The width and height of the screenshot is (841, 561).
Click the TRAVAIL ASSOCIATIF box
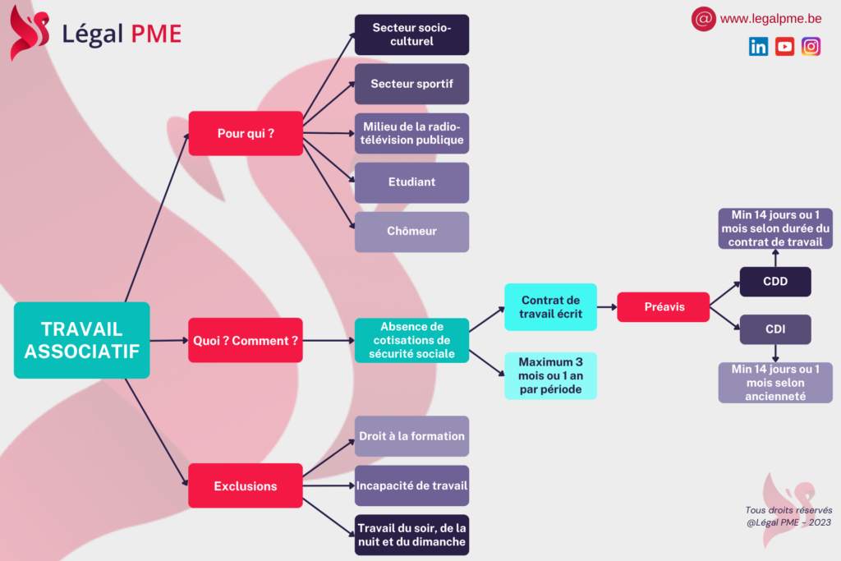82,340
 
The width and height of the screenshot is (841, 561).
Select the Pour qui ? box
246,133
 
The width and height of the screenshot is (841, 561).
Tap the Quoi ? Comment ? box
246,340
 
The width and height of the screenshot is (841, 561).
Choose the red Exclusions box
246,486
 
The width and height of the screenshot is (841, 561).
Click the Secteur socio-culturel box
411,34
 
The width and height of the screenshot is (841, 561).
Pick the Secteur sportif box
411,84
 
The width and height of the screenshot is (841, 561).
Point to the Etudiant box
411,182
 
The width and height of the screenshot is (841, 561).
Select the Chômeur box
411,232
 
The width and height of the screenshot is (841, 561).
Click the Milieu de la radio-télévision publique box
411,133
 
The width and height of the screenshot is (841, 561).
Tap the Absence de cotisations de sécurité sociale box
411,340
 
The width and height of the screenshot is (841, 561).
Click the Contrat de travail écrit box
550,307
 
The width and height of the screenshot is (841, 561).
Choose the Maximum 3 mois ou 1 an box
550,375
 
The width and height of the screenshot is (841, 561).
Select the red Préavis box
663,307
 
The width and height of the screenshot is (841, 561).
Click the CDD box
775,282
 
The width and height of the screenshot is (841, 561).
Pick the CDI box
775,329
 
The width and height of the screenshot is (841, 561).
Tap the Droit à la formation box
411,436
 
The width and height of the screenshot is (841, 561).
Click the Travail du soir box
411,535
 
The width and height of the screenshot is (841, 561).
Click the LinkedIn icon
758,47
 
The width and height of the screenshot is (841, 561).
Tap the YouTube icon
784,47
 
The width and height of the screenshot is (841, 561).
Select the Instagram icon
811,47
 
